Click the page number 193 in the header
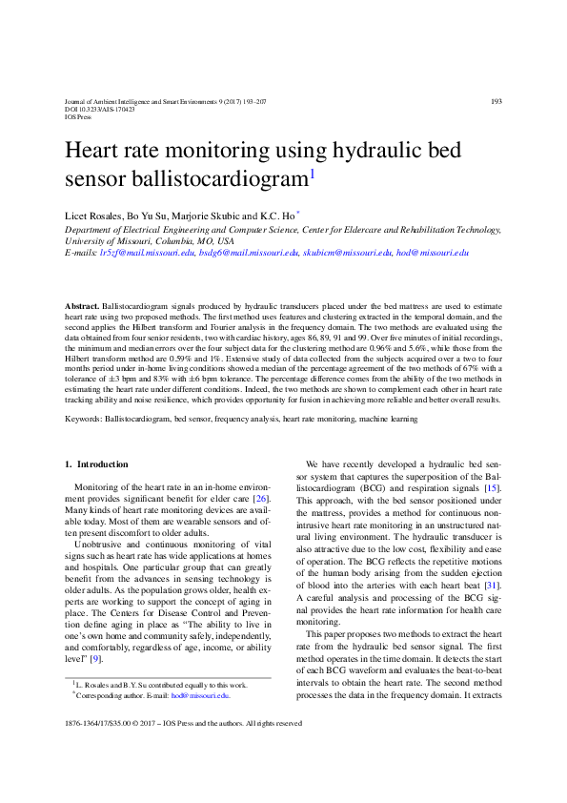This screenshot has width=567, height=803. [496, 102]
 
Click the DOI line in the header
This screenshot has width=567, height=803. [99, 110]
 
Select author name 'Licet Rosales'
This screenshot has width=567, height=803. [93, 216]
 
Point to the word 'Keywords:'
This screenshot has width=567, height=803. [83, 419]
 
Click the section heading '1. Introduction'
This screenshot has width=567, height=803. [96, 464]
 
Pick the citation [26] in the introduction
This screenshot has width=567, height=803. [261, 499]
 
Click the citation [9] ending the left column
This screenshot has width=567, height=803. [95, 658]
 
